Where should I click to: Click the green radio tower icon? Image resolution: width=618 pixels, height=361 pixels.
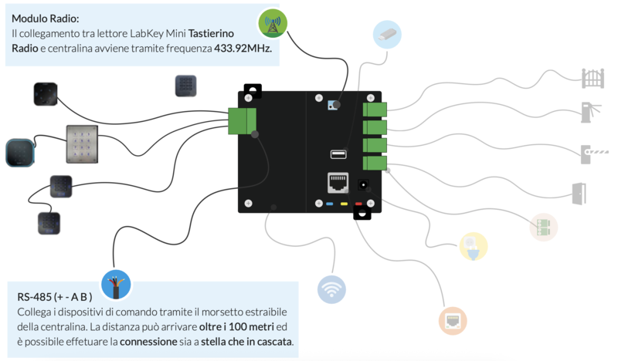tap(272, 24)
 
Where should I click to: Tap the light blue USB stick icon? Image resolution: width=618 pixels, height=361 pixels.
tap(387, 34)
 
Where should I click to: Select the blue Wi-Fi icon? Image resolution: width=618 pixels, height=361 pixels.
tap(331, 288)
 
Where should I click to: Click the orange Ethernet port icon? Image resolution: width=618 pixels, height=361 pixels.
tap(452, 320)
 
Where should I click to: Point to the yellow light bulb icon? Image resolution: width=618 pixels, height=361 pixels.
tap(474, 246)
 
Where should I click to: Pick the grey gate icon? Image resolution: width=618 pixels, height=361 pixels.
tap(593, 78)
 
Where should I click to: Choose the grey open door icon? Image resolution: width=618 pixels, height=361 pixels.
tap(579, 193)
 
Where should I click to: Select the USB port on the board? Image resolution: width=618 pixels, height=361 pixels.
tap(338, 154)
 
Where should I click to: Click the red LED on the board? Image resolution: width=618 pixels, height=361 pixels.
tap(358, 204)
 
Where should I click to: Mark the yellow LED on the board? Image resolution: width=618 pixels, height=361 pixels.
tap(343, 204)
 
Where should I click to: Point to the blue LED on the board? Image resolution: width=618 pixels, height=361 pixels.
tap(329, 204)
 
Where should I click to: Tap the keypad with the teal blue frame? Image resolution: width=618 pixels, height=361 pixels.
tap(20, 153)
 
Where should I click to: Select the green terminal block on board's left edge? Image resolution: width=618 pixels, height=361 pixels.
tap(242, 121)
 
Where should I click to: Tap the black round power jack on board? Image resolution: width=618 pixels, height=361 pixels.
tap(361, 186)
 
